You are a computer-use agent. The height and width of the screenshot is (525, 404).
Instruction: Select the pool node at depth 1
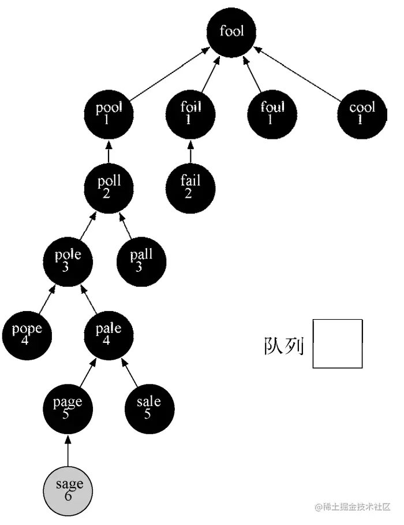pyautogui.click(x=109, y=112)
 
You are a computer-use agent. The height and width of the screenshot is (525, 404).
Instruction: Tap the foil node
pyautogui.click(x=190, y=112)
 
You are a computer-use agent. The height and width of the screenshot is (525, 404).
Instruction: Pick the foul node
pyautogui.click(x=272, y=112)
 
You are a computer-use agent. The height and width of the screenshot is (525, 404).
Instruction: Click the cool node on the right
pyautogui.click(x=362, y=112)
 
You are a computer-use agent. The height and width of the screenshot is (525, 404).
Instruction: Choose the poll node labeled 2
pyautogui.click(x=109, y=186)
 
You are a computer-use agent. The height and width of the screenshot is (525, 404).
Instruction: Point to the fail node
pyautogui.click(x=190, y=186)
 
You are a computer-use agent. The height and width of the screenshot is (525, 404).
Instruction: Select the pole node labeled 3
pyautogui.click(x=68, y=260)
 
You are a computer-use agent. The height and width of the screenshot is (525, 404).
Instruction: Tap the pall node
pyautogui.click(x=141, y=260)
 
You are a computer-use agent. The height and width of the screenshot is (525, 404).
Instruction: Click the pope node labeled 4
pyautogui.click(x=27, y=334)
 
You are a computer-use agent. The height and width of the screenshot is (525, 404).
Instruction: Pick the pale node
pyautogui.click(x=109, y=334)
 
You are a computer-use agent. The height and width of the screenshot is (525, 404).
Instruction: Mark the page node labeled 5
pyautogui.click(x=68, y=408)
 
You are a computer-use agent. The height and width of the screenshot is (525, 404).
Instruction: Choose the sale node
pyautogui.click(x=149, y=408)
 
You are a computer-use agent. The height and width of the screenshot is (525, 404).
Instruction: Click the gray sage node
pyautogui.click(x=68, y=489)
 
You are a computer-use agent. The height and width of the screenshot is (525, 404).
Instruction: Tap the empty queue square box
pyautogui.click(x=338, y=343)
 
